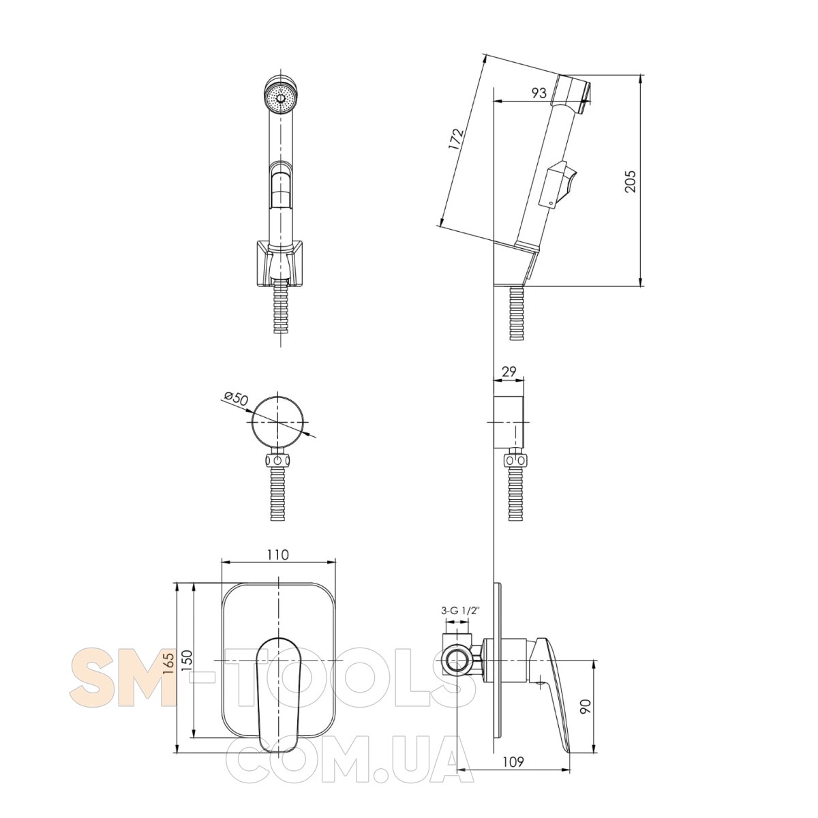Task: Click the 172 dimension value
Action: click(456, 138)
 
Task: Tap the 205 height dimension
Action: click(631, 181)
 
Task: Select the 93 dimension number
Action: click(539, 93)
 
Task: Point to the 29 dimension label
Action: click(509, 372)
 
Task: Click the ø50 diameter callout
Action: click(235, 399)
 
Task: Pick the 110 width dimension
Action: click(278, 554)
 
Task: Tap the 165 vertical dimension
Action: click(168, 675)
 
